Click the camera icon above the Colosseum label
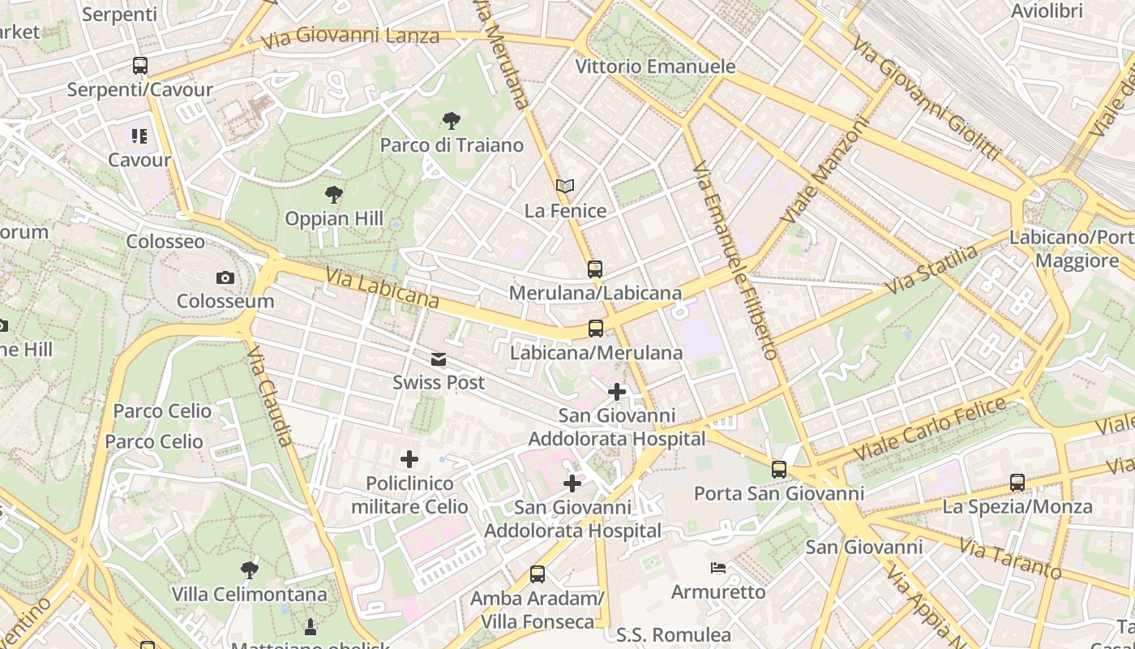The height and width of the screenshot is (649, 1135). tap(225, 278)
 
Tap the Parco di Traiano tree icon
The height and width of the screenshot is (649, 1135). tap(452, 122)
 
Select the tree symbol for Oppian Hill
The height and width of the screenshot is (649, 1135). tap(333, 195)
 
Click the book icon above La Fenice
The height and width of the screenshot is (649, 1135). tap(565, 187)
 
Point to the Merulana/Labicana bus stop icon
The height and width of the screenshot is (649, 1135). tap(595, 269)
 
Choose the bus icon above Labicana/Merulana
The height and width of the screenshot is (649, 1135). tap(596, 329)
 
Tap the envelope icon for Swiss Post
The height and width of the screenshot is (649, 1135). tap(439, 359)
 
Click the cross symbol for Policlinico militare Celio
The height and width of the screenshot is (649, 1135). tap(409, 460)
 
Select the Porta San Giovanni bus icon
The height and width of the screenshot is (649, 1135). tap(779, 469)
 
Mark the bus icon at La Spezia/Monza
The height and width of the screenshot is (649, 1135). tap(1017, 483)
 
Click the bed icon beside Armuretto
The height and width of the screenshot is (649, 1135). tap(718, 568)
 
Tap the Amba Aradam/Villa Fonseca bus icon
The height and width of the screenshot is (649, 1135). tap(537, 574)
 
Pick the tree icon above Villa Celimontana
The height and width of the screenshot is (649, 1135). tap(250, 570)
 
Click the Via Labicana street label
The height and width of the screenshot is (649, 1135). tap(382, 289)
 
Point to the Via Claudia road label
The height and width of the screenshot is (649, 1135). tap(269, 397)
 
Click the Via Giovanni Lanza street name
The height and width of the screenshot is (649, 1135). tap(350, 37)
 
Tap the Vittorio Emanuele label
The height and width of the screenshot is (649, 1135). tap(655, 67)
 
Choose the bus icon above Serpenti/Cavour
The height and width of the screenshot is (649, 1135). tap(140, 66)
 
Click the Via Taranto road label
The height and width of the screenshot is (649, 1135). tap(1009, 557)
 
